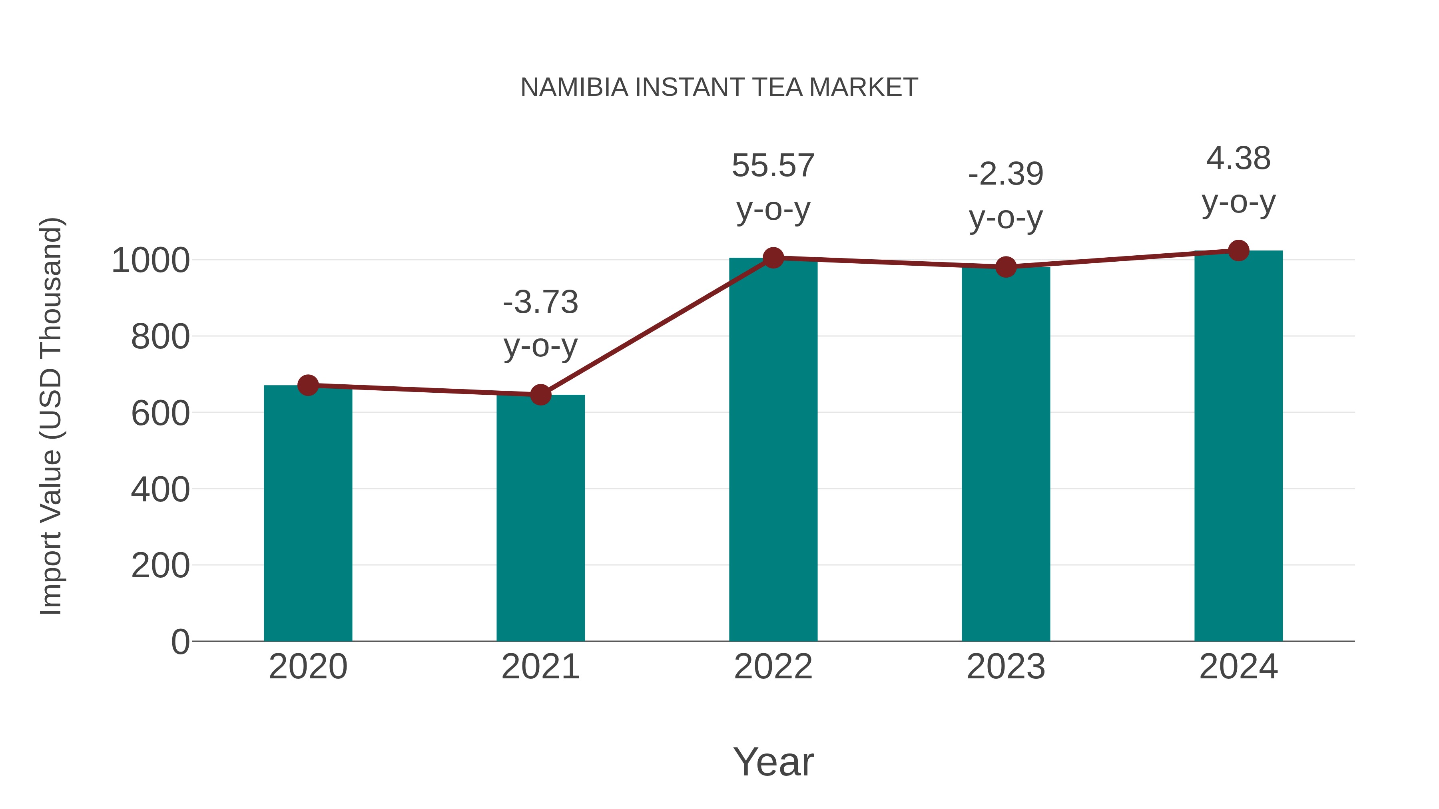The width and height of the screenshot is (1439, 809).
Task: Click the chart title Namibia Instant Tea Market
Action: (x=719, y=87)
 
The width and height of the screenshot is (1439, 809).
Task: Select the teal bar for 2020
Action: (x=308, y=514)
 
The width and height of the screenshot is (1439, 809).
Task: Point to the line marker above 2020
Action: (x=308, y=385)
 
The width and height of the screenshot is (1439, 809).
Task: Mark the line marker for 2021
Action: (x=540, y=395)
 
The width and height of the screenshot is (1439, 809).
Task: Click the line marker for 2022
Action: (x=773, y=258)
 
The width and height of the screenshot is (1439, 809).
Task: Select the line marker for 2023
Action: (x=1006, y=267)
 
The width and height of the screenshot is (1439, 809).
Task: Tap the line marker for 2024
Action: (x=1238, y=250)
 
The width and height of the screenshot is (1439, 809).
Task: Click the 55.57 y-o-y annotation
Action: (x=773, y=188)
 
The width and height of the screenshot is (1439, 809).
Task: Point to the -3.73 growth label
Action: (x=540, y=324)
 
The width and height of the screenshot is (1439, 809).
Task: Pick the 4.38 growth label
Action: (x=1238, y=180)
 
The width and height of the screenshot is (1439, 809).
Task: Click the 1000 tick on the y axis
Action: (x=151, y=260)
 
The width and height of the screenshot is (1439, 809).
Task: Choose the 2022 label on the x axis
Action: (x=773, y=667)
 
